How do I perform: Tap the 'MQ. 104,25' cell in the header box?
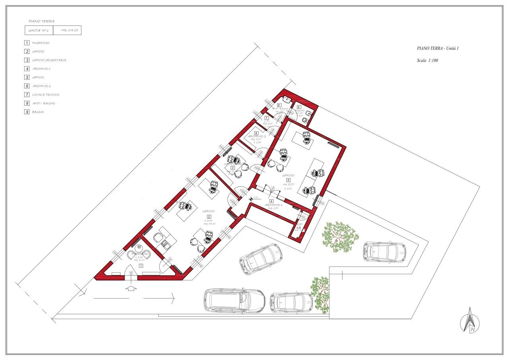pyautogui.click(x=67, y=30)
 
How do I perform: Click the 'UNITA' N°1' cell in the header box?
pyautogui.click(x=39, y=30)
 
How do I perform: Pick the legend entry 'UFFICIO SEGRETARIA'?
pyautogui.click(x=49, y=60)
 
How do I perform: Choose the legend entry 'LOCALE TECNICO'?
pyautogui.click(x=46, y=95)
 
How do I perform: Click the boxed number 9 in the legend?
pyautogui.click(x=27, y=112)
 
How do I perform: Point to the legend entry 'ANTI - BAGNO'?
pyautogui.click(x=43, y=103)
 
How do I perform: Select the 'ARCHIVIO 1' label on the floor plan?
pyautogui.click(x=274, y=205)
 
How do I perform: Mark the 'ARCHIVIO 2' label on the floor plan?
pyautogui.click(x=257, y=136)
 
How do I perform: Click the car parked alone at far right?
pyautogui.click(x=384, y=251)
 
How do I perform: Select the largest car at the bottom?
pyautogui.click(x=234, y=300)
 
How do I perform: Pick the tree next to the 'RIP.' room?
pyautogui.click(x=339, y=237)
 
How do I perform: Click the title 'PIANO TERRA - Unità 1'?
pyautogui.click(x=438, y=48)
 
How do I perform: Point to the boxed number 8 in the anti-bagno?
pyautogui.click(x=279, y=105)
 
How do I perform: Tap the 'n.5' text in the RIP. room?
pyautogui.click(x=298, y=228)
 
